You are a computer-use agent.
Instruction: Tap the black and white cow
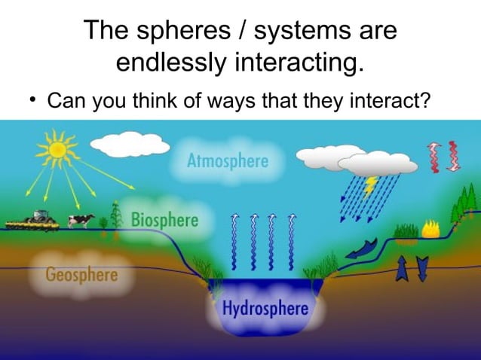pyautogui.click(x=81, y=220)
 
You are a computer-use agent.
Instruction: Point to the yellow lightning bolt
pyautogui.click(x=371, y=184)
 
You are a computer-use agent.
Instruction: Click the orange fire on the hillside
pyautogui.click(x=431, y=228)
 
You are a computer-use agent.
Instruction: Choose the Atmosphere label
pyautogui.click(x=227, y=160)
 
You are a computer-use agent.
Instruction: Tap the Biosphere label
pyautogui.click(x=164, y=220)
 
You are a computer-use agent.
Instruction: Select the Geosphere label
pyautogui.click(x=82, y=273)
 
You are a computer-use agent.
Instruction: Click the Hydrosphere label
pyautogui.click(x=265, y=309)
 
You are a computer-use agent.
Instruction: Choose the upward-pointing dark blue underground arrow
pyautogui.click(x=400, y=267)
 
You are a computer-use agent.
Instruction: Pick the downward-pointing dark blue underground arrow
pyautogui.click(x=421, y=267)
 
